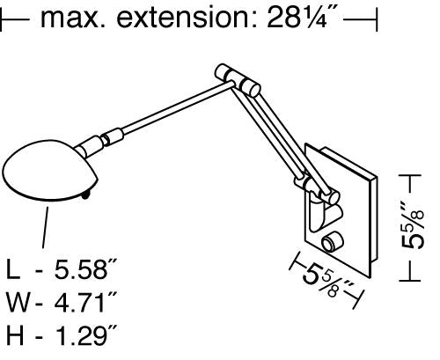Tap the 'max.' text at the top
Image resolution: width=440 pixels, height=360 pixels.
click(73, 19)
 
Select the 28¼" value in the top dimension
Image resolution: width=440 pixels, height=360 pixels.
click(301, 18)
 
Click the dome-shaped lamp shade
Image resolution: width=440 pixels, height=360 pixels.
click(50, 170)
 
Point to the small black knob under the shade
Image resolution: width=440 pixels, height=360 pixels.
click(85, 195)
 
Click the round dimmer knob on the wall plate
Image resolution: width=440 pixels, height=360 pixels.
click(333, 242)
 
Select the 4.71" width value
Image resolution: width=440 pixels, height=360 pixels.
click(86, 302)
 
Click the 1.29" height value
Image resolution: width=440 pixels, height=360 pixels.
click(86, 334)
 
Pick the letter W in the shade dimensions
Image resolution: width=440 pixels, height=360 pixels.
click(18, 302)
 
